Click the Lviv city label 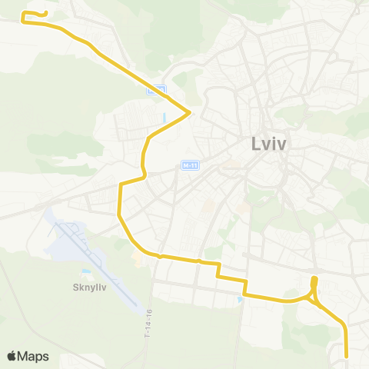[x=269, y=144]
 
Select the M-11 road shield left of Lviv [x=190, y=165]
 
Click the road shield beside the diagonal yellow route [x=156, y=90]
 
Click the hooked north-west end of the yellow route [x=46, y=13]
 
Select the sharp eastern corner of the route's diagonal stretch [x=189, y=113]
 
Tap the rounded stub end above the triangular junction [x=314, y=278]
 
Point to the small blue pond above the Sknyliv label [x=85, y=271]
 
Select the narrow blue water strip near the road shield [x=165, y=118]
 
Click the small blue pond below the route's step [x=241, y=300]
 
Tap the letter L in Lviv [x=256, y=144]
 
